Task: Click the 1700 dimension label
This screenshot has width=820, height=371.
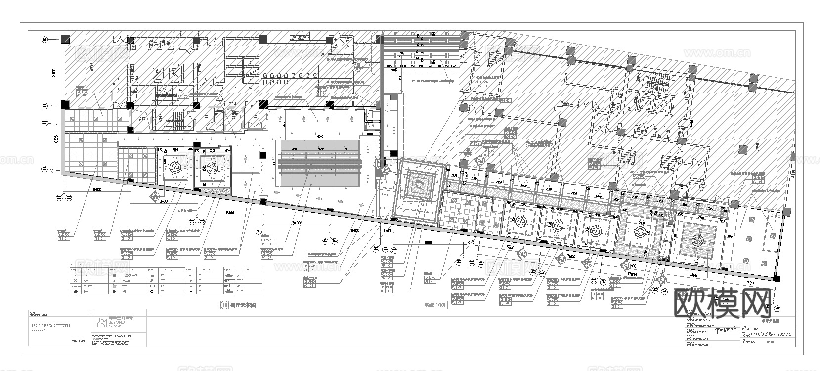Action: (387, 231)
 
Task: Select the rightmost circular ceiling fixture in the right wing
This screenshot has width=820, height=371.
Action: (697, 241)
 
